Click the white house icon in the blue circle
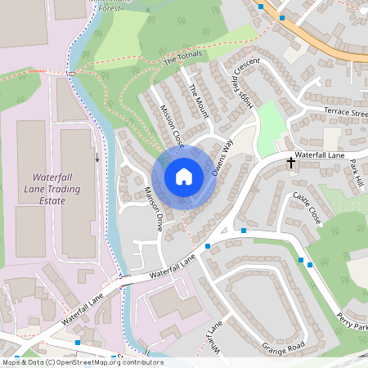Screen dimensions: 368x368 [184, 176]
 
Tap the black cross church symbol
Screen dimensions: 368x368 [290, 164]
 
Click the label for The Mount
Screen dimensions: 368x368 [199, 99]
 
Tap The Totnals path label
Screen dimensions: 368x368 [182, 58]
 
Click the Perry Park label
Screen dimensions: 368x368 [352, 320]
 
